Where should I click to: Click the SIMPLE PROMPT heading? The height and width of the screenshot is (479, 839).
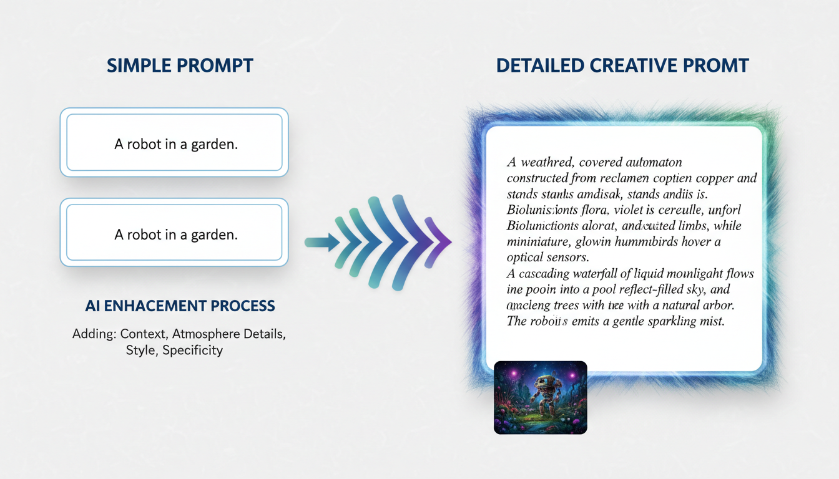(180, 65)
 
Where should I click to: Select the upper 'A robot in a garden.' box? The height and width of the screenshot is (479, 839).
(174, 143)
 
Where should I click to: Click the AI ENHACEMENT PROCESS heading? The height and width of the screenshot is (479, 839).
(180, 306)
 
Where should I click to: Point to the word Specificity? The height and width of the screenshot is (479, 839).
(192, 350)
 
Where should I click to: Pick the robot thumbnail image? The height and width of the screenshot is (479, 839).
(540, 397)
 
